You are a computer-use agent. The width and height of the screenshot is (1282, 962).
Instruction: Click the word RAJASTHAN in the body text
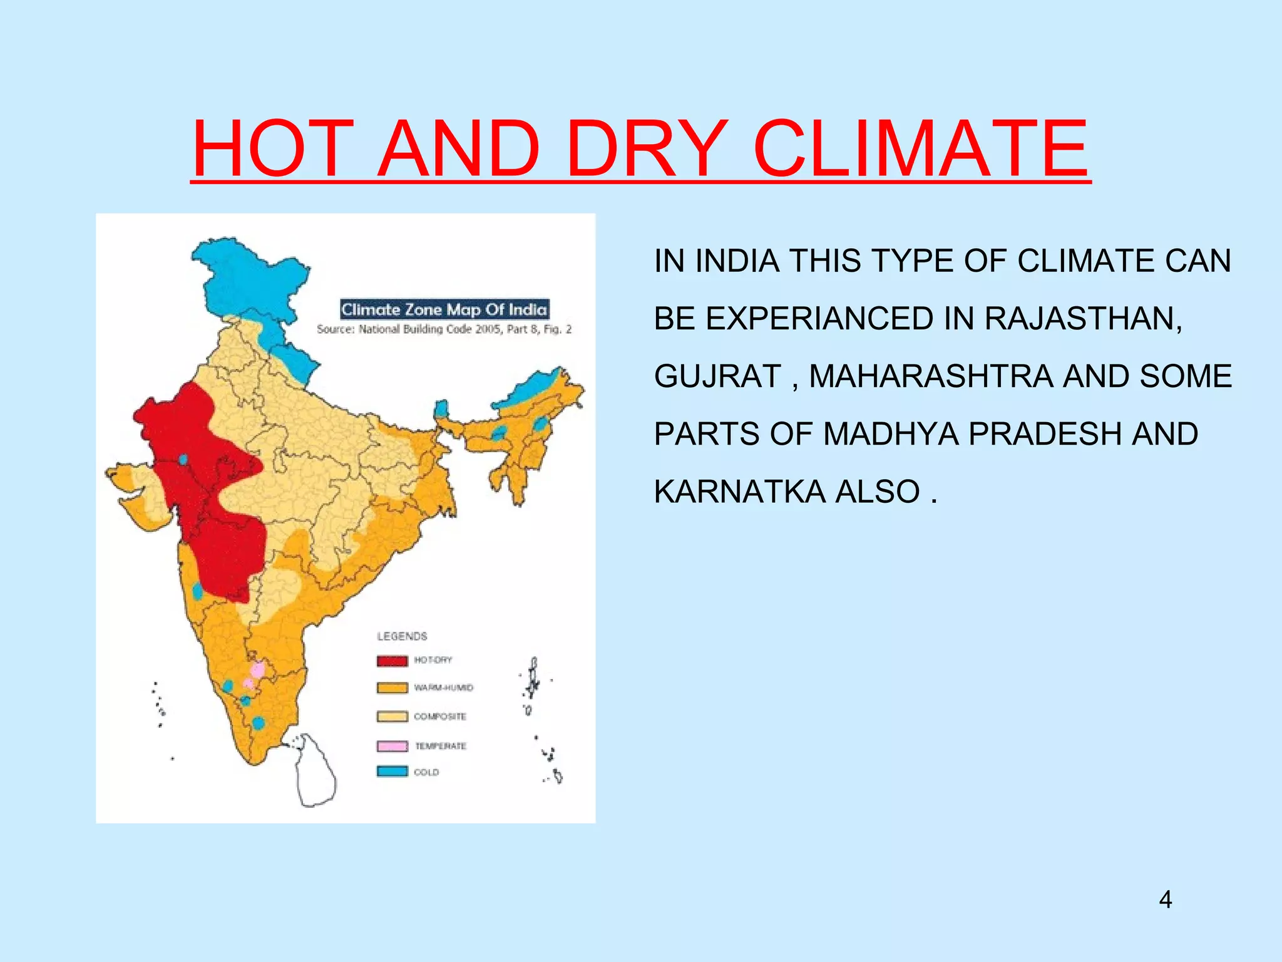point(1083,318)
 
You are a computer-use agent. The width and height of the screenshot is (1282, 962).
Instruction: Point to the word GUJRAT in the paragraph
point(717,376)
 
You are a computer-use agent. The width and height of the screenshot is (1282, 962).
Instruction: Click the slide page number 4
point(1165,899)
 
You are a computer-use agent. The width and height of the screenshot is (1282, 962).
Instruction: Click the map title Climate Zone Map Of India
point(444,309)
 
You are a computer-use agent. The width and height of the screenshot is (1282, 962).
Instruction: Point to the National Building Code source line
point(444,329)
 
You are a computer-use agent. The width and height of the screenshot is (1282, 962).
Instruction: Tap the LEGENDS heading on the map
point(402,636)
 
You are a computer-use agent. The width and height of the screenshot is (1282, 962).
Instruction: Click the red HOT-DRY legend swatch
point(392,661)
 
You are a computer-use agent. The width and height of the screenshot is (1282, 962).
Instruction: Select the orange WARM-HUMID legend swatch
point(392,688)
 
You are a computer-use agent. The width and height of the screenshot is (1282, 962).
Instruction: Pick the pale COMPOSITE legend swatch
point(392,716)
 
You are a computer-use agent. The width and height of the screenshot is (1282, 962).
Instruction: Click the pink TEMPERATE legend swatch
point(392,746)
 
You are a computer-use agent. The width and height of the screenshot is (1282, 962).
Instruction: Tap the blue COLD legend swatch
point(392,772)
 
